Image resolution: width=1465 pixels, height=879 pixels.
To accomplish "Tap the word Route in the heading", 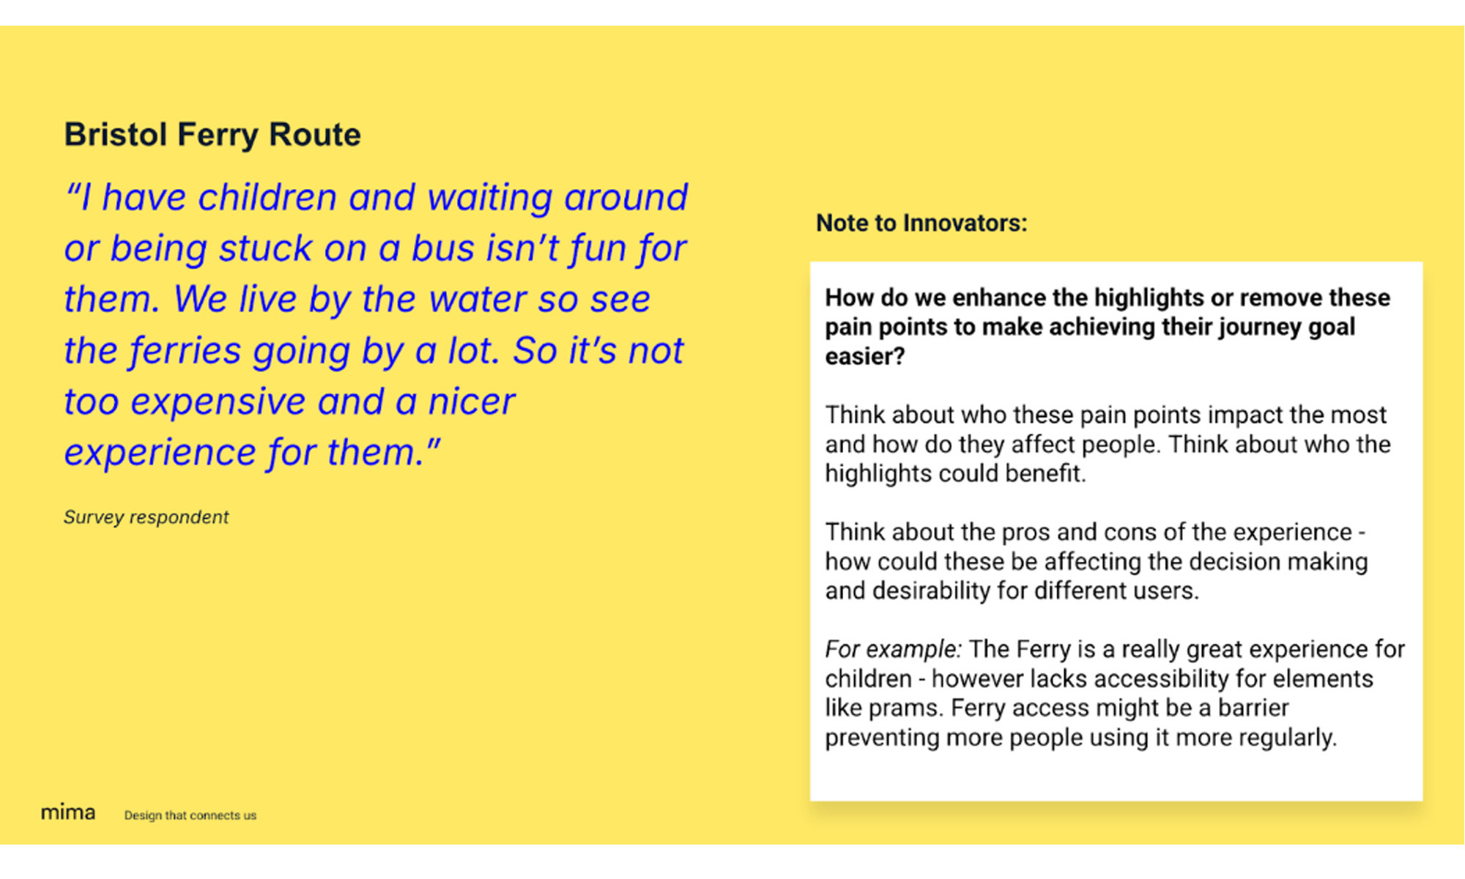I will tap(314, 135).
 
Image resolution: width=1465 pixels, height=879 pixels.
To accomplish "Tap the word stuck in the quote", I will tap(265, 248).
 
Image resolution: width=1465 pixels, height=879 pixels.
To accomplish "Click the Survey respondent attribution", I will tap(146, 517).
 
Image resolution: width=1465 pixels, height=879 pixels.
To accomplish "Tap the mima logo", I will tap(67, 812).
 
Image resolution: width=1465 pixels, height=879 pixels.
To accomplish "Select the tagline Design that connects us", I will tap(190, 815).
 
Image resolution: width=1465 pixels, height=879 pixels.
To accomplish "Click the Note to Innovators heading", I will tap(921, 223).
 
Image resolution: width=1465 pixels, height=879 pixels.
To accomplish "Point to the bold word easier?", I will tap(864, 356).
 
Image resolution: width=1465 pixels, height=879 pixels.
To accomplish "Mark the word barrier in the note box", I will tap(1253, 708).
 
